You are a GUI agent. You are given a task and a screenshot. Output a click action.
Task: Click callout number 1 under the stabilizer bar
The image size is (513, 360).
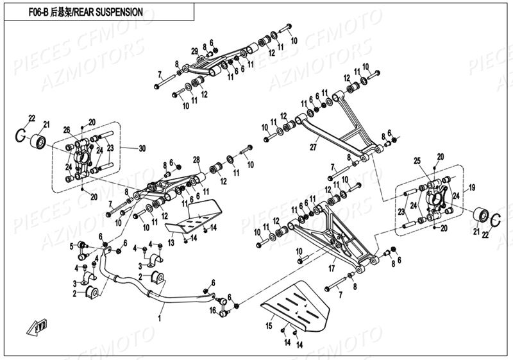coord(161,317)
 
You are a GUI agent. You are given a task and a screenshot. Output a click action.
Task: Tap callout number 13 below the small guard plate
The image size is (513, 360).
coord(171,243)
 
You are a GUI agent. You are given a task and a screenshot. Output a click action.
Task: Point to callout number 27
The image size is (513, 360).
coord(312,147)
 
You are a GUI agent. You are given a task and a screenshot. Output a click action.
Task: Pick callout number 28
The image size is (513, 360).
coord(196,160)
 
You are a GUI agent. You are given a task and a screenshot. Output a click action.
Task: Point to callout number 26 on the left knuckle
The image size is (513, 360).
coord(66,130)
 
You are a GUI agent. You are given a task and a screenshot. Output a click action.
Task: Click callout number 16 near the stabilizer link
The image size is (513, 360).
coord(212,310)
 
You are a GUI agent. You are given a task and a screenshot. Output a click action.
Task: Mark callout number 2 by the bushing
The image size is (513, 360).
coord(74,293)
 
